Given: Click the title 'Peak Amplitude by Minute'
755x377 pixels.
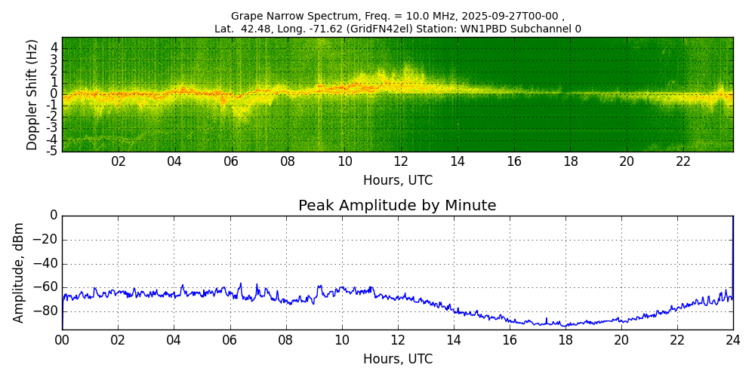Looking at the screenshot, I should (397, 206).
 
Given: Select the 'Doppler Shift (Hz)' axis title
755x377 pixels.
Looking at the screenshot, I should (32, 95).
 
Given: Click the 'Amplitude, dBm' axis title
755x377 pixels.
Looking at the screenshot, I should (20, 272).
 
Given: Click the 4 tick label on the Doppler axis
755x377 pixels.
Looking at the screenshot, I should (54, 48).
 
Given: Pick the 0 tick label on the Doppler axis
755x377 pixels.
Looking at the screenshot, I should (54, 94).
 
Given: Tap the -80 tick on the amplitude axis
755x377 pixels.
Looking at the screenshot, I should (46, 311).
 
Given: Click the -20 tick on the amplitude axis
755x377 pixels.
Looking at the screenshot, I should (46, 240).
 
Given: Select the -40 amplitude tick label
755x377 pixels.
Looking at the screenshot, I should (46, 264).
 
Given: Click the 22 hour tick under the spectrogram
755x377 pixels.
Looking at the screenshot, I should (683, 161).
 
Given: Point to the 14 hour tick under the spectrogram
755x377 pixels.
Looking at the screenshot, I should (458, 161).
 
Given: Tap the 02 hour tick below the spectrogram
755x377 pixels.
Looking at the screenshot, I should (119, 161).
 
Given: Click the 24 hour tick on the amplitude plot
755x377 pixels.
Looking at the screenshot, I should (732, 340).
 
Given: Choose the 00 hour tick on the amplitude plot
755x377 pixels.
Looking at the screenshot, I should (62, 340).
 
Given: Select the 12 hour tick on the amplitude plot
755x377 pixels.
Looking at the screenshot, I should (397, 340).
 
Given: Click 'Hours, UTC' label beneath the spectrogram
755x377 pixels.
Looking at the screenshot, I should (398, 180).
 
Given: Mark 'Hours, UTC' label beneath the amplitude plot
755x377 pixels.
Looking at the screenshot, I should (398, 359).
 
